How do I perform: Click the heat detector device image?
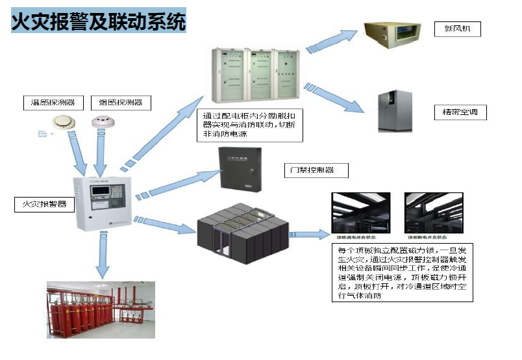(66, 123)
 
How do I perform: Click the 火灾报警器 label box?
(44, 205)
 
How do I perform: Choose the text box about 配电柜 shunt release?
(249, 125)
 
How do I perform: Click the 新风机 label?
(457, 29)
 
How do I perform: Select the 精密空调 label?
(460, 112)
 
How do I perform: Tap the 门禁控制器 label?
(316, 170)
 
